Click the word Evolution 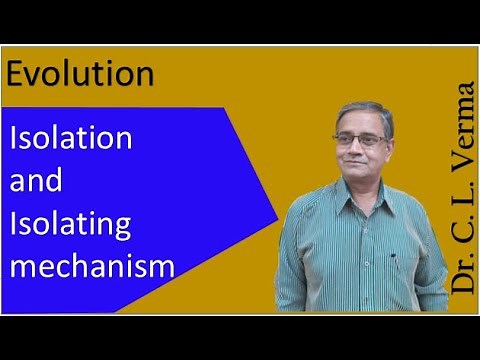(81, 74)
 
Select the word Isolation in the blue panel (70, 138)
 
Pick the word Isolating (70, 225)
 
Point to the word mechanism (92, 267)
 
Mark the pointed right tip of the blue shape (278, 218)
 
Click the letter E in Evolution (18, 74)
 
